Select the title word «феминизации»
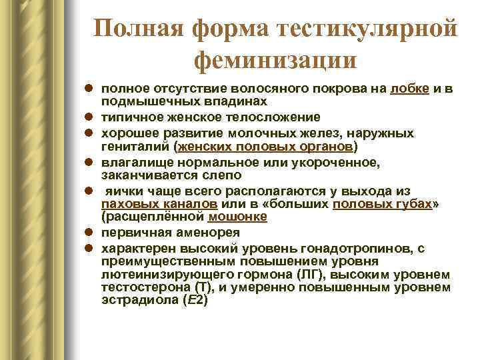(x=275, y=61)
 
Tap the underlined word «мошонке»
(x=238, y=217)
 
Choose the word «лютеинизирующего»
(x=161, y=275)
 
